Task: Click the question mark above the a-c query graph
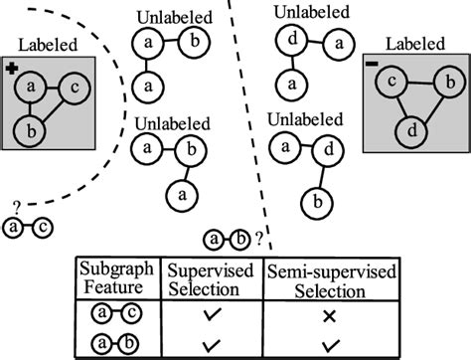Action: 16,208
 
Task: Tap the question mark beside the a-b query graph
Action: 259,238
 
